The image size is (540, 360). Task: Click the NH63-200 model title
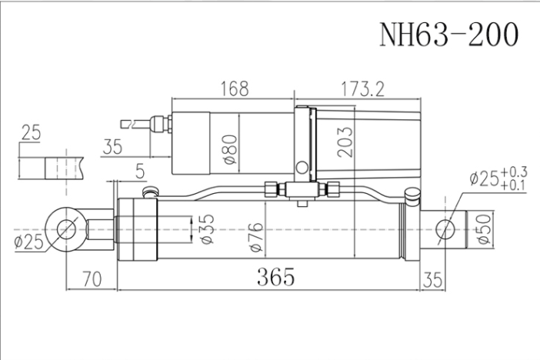(x=448, y=34)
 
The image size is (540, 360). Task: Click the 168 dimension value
(x=234, y=89)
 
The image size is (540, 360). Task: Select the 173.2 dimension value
(x=362, y=89)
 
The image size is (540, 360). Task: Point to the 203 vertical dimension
(x=345, y=142)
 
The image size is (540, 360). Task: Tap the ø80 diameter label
(x=230, y=149)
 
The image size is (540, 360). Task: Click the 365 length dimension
(x=276, y=277)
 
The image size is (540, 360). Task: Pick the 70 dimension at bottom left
(x=92, y=278)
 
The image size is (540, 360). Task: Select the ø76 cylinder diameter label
(x=256, y=238)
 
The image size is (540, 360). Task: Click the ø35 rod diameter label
(x=207, y=229)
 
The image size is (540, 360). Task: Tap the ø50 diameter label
(x=484, y=229)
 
